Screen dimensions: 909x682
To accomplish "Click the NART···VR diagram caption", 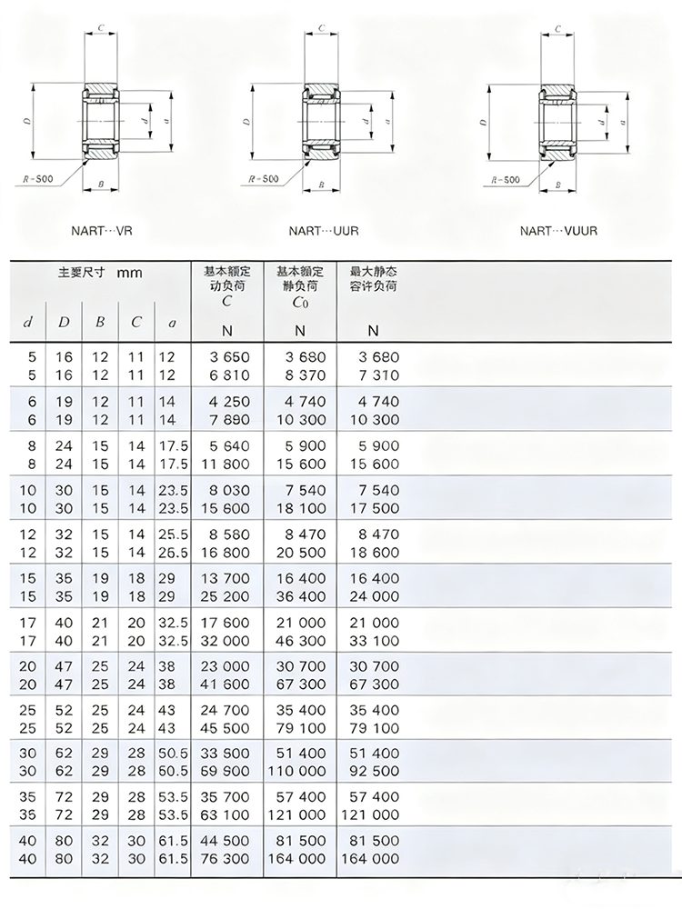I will click(x=101, y=231).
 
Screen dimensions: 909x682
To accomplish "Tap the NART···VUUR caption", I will click(x=558, y=231).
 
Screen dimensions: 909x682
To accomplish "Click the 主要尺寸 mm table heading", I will click(x=100, y=272).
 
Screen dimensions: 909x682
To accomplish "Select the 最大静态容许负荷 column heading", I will click(x=373, y=279).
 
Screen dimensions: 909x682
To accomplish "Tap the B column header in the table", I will click(x=100, y=322).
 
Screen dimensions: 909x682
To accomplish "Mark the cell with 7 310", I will click(x=373, y=375).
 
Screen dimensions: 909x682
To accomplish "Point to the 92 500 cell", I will click(x=373, y=770).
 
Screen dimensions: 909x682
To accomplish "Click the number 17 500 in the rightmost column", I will click(x=373, y=508).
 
